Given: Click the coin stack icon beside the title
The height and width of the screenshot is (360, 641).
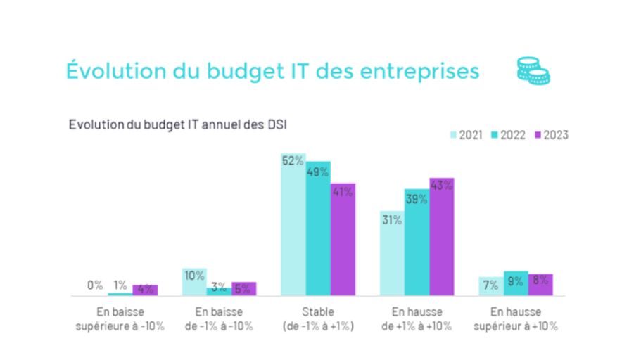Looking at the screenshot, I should pyautogui.click(x=533, y=70).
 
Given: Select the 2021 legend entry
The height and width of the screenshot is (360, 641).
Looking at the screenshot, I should pyautogui.click(x=466, y=135).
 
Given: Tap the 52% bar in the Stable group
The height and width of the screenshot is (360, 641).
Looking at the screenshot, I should pyautogui.click(x=293, y=225).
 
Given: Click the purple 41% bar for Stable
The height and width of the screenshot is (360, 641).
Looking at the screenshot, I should pyautogui.click(x=343, y=239).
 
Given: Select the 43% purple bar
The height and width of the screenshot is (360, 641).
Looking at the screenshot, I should pyautogui.click(x=442, y=236).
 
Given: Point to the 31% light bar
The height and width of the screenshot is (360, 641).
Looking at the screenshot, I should pyautogui.click(x=392, y=253).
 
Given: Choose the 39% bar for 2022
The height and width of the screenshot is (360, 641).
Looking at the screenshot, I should pyautogui.click(x=417, y=242).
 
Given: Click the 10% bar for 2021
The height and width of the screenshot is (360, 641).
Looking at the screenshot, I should pyautogui.click(x=194, y=282).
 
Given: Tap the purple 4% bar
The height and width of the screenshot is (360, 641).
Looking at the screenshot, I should pyautogui.click(x=145, y=290).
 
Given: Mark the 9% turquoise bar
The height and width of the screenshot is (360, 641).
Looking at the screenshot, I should pyautogui.click(x=516, y=283).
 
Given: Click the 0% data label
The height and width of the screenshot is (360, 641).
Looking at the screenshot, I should pyautogui.click(x=95, y=285).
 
